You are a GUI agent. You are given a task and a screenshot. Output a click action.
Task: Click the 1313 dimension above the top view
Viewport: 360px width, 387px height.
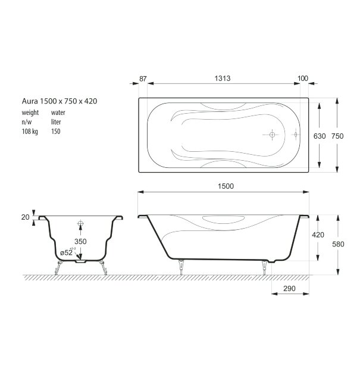click(223, 79)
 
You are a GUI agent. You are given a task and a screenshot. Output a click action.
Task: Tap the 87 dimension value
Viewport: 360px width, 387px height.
click(143, 79)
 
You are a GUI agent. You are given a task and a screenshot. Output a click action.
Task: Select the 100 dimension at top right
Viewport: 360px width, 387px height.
click(302, 79)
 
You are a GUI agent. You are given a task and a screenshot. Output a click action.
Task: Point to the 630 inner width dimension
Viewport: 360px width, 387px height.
click(320, 136)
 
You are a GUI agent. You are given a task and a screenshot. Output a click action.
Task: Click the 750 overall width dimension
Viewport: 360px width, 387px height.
click(337, 136)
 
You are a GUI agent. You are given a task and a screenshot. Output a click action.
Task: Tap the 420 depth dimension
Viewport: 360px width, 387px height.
click(318, 235)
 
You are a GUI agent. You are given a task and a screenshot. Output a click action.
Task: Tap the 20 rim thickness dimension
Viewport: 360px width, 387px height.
click(26, 217)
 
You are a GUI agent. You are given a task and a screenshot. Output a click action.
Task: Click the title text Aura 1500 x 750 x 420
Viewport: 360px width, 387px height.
click(59, 101)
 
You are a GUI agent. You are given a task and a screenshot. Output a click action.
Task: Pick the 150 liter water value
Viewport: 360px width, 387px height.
click(55, 131)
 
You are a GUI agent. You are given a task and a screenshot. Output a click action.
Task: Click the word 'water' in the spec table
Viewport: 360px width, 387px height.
click(58, 112)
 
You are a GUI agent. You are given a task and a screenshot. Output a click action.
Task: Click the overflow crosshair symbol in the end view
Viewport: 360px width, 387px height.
click(80, 225)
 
